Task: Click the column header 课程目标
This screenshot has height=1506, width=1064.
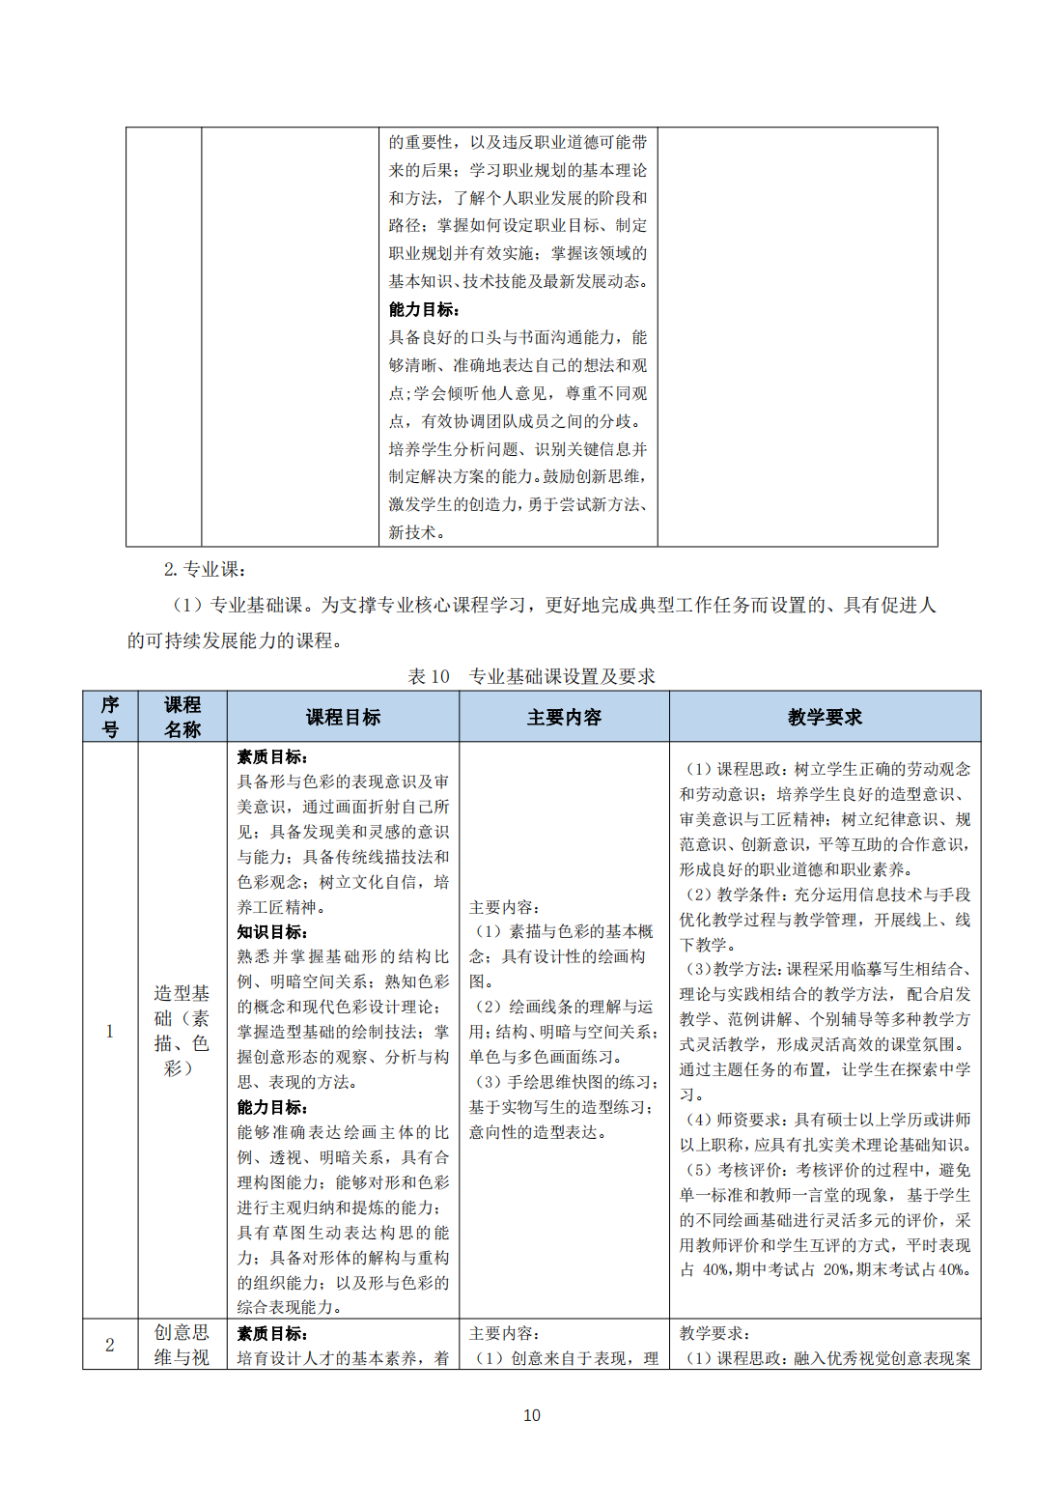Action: point(343,717)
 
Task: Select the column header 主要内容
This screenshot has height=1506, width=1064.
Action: point(564,717)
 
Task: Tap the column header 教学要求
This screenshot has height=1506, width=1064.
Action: point(825,717)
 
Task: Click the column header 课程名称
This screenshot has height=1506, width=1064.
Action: point(182,717)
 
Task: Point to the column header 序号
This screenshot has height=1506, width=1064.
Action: point(110,717)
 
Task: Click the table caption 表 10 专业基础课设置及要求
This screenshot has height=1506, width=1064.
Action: point(531,676)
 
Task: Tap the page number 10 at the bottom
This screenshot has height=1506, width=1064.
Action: point(532,1415)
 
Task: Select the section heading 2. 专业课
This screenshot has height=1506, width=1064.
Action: point(205,569)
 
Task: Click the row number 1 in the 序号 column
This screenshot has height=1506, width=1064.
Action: point(110,1031)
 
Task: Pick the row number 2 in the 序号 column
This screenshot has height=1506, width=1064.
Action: point(110,1345)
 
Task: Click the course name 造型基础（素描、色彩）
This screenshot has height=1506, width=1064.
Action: point(182,1031)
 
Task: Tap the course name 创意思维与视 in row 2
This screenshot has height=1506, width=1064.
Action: point(182,1345)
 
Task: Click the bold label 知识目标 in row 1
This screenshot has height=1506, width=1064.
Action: point(272,932)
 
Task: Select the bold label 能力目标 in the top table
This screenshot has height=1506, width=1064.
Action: point(424,309)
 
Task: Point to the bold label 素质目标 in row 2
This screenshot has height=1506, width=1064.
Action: point(272,1333)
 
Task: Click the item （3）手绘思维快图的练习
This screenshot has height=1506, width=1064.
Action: point(564,1082)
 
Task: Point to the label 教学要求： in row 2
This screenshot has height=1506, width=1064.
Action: point(714,1333)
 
